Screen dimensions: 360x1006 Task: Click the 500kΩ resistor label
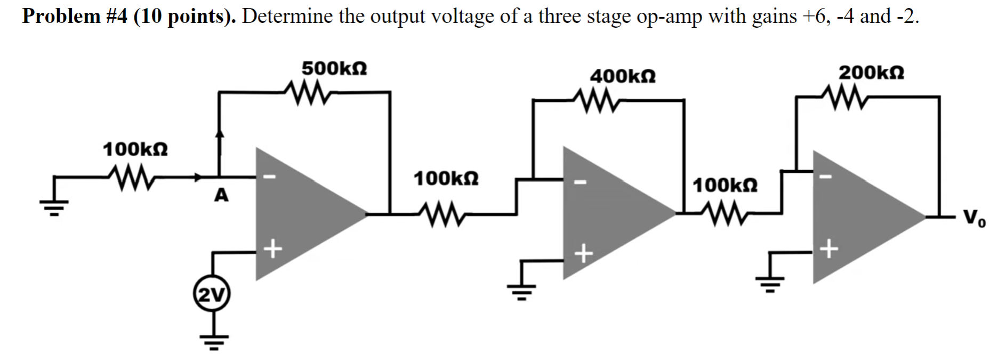click(334, 69)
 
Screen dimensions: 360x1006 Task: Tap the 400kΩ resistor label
click(623, 76)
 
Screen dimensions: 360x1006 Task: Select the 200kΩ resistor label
click(871, 72)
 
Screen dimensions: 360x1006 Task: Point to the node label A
click(221, 196)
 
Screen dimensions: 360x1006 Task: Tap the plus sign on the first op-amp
click(272, 249)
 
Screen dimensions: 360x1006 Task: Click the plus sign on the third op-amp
click(829, 249)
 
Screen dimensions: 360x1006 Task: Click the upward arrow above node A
click(219, 136)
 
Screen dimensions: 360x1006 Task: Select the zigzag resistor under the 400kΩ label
click(595, 100)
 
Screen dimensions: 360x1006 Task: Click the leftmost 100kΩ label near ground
click(135, 149)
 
